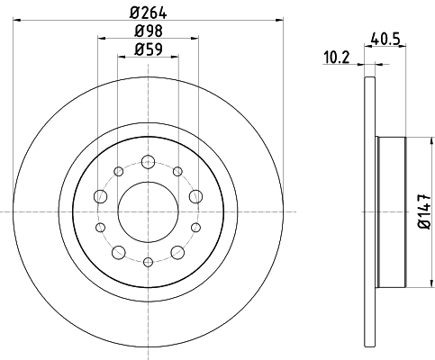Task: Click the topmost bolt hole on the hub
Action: (148, 162)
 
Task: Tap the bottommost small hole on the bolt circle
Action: (148, 261)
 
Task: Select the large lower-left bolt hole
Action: (117, 251)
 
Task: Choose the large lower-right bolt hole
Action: (178, 251)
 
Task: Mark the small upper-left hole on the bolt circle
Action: (117, 171)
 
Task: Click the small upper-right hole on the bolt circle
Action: (178, 171)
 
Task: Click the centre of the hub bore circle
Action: (148, 211)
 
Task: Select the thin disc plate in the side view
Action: (369, 212)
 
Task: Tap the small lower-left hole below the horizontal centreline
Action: (101, 227)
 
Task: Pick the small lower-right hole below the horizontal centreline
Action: (195, 227)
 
